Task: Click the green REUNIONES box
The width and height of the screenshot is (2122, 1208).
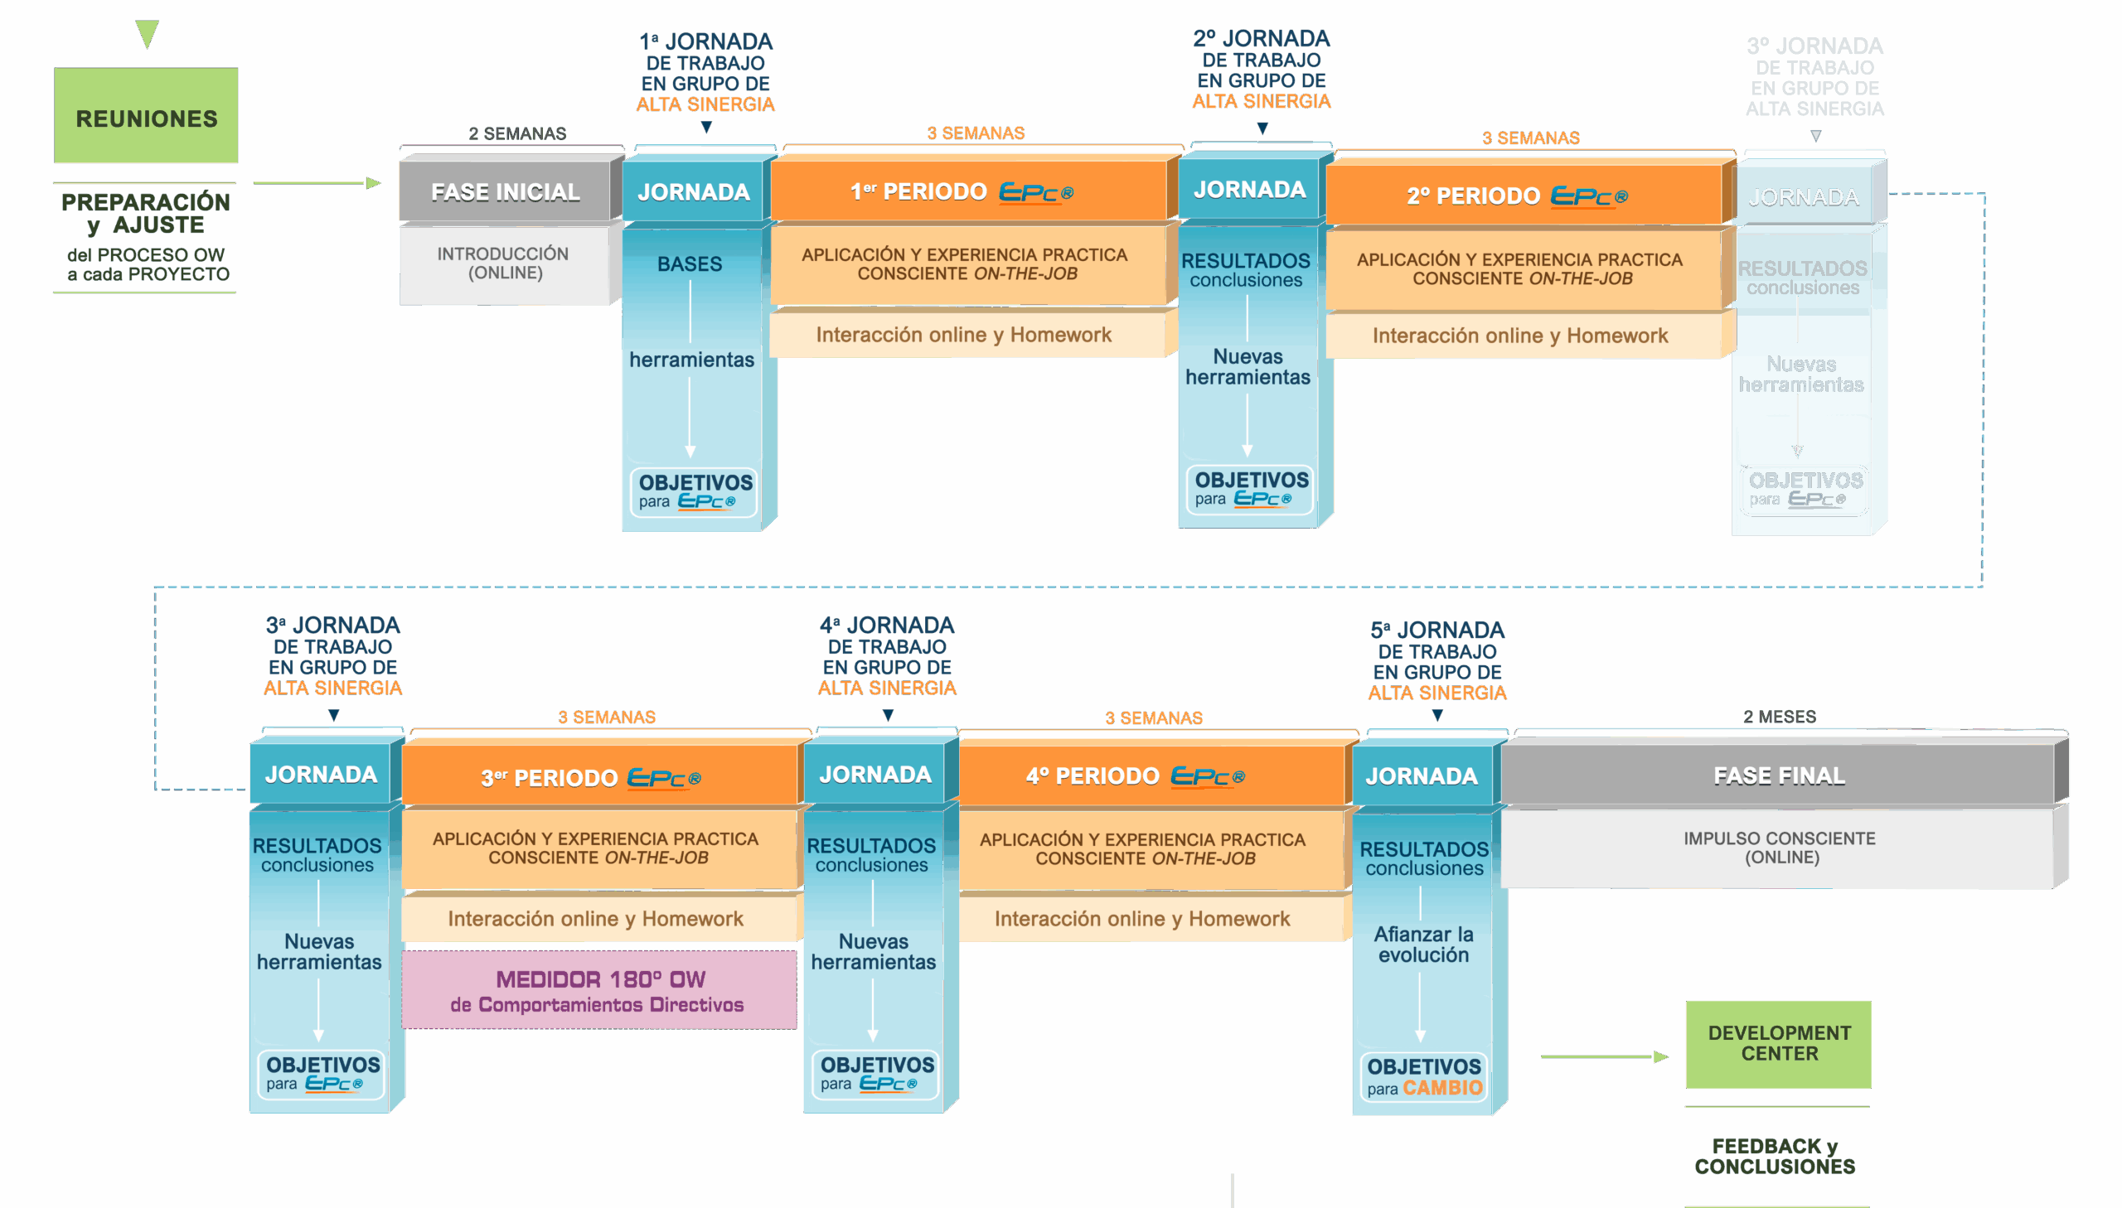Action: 146,116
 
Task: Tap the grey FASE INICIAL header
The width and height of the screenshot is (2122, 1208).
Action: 505,191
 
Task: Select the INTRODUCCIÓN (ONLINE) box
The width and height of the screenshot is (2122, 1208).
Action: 503,263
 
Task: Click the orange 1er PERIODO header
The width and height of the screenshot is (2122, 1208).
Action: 967,191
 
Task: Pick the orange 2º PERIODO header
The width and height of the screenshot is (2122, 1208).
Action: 1523,196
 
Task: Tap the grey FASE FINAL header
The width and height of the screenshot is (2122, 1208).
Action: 1779,776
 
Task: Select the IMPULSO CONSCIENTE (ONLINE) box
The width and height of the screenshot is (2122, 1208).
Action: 1779,847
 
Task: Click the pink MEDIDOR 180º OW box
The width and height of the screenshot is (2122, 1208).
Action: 598,991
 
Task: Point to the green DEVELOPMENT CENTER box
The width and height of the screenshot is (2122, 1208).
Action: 1779,1043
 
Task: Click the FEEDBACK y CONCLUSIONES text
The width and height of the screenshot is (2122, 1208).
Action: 1775,1156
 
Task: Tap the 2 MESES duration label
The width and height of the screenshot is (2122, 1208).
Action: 1779,716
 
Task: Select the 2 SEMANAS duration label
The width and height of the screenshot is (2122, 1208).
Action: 517,133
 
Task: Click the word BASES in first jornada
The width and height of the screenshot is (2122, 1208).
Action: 689,263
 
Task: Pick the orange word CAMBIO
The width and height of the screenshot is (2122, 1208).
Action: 1442,1088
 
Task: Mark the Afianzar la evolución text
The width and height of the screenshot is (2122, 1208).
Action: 1423,945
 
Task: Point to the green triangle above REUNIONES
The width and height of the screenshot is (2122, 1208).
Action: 147,33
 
